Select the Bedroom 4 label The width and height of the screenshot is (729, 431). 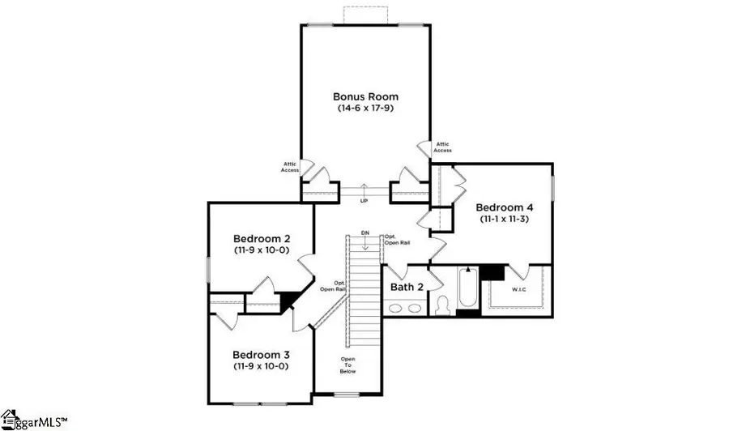coord(502,207)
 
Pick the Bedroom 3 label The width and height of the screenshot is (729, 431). coord(261,355)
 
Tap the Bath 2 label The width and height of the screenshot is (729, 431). coord(407,287)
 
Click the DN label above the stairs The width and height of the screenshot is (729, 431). coord(365,233)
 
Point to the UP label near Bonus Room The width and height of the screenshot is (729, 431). coord(364,200)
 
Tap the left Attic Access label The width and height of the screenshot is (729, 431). coord(290,166)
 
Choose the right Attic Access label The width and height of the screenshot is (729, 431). coord(442,146)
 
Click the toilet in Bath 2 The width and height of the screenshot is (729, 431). coord(443,305)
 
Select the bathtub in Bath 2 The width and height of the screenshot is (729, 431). coord(467,290)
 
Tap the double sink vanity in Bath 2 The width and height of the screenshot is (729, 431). coord(404,309)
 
